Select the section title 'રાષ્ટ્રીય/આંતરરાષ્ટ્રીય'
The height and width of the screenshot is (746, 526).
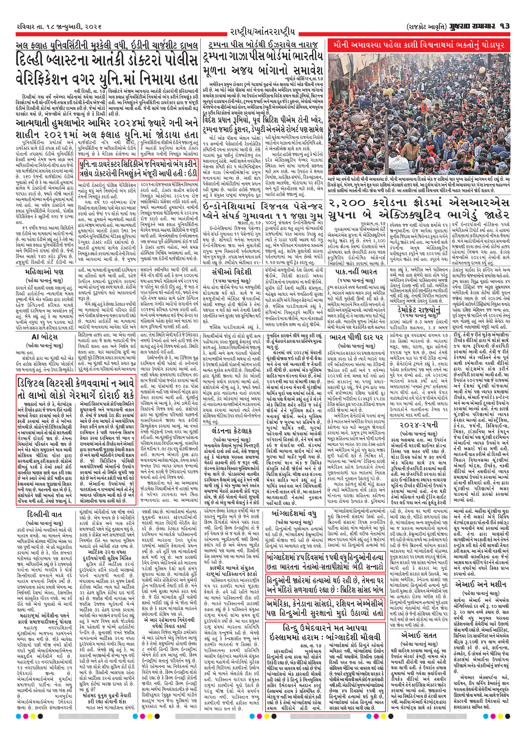[x=263, y=32]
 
